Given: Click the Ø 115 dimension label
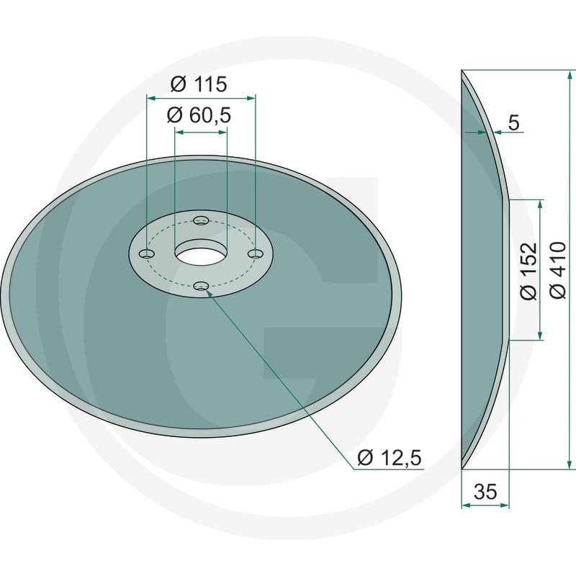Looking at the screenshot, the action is (199, 84).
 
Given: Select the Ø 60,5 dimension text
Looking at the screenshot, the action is (199, 115).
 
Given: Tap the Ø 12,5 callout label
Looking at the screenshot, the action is (390, 458).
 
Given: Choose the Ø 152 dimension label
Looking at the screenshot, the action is (529, 271).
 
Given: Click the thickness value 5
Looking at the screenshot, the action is (514, 122).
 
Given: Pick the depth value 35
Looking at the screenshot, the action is (485, 492).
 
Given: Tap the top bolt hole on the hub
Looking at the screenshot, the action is (201, 221).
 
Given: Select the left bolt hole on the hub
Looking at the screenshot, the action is (147, 254).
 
